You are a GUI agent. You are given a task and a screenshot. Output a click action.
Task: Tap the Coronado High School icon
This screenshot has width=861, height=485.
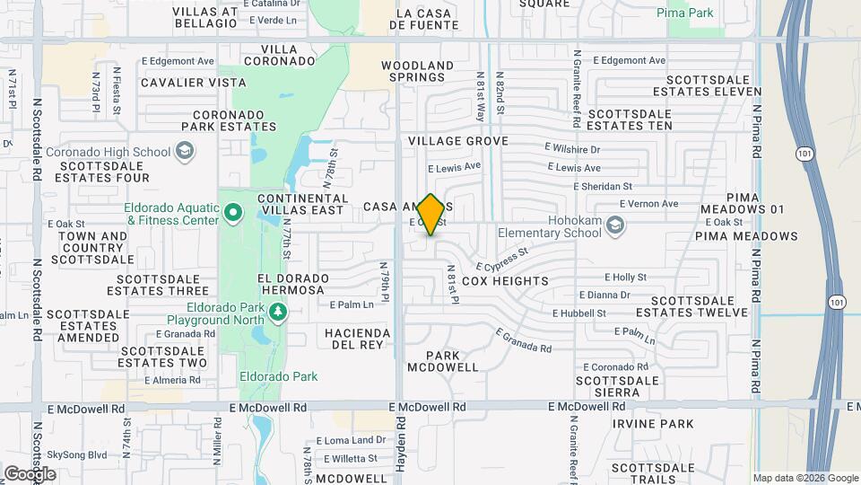tap(185, 152)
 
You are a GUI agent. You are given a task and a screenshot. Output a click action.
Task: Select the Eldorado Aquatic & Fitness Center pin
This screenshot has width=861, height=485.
tap(233, 214)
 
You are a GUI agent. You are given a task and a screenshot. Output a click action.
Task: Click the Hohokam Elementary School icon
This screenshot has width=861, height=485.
tap(615, 225)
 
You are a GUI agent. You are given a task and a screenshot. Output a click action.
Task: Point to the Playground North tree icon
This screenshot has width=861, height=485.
tap(278, 311)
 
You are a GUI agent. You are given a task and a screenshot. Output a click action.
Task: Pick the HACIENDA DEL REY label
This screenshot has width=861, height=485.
tap(358, 339)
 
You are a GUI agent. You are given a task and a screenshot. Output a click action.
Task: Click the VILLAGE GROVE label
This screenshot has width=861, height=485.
tap(458, 141)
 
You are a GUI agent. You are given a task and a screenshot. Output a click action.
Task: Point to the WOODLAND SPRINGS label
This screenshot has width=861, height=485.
tap(418, 72)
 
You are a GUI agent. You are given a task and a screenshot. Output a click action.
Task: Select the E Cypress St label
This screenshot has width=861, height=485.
tap(501, 260)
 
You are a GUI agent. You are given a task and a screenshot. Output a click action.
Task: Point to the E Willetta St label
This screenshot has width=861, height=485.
tap(352, 458)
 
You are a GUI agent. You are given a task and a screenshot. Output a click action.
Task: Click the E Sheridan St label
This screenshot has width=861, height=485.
tap(603, 186)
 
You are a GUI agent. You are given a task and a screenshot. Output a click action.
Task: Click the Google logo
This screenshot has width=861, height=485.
tap(30, 473)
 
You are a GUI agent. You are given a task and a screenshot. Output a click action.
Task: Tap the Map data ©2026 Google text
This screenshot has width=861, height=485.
tap(805, 478)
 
